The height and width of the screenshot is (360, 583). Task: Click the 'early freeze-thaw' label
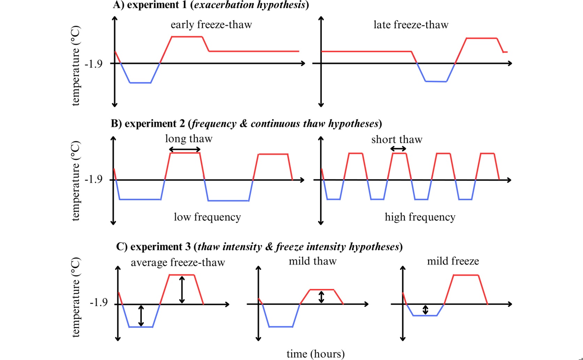(x=211, y=25)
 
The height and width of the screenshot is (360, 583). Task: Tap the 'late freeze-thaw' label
(x=411, y=25)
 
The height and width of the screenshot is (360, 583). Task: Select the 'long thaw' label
(x=189, y=139)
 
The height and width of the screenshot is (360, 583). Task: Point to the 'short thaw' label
(x=397, y=139)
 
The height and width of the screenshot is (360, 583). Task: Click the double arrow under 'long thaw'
(x=185, y=149)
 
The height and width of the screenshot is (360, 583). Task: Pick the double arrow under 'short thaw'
(x=398, y=149)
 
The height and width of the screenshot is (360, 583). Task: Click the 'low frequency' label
(x=207, y=217)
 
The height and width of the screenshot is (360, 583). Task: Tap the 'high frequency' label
(x=420, y=217)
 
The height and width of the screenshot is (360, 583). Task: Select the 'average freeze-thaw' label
(x=178, y=262)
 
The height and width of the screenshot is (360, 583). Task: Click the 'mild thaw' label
(x=313, y=261)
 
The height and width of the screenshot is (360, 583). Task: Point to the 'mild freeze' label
(x=453, y=261)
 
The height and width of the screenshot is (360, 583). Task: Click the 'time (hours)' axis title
(x=316, y=354)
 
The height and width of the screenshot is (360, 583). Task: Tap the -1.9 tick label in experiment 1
(x=93, y=64)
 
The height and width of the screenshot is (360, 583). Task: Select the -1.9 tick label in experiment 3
(x=99, y=303)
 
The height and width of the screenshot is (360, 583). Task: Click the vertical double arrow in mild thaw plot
(x=321, y=297)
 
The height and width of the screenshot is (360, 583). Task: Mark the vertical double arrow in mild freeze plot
(x=425, y=310)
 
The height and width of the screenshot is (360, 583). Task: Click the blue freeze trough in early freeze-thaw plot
(x=140, y=83)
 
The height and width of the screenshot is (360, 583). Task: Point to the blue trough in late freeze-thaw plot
(x=436, y=81)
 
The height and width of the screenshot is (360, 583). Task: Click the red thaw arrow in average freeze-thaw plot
(x=182, y=290)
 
